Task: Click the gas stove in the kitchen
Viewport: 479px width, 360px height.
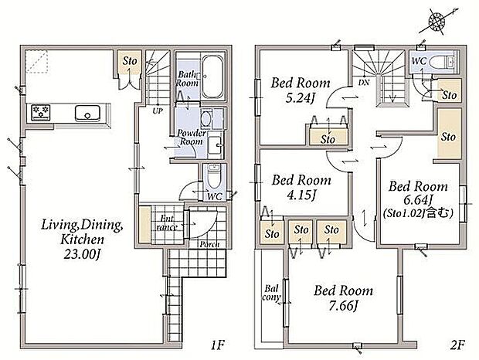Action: (41, 112)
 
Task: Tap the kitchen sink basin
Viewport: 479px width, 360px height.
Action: (87, 113)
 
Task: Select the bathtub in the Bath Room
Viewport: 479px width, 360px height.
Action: (212, 76)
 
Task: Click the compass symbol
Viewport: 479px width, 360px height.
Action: (437, 22)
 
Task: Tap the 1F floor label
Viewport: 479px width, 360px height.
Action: (218, 345)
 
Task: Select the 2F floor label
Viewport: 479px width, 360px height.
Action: (457, 345)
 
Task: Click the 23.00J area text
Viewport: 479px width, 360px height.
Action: (82, 254)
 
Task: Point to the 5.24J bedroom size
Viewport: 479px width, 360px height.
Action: (301, 98)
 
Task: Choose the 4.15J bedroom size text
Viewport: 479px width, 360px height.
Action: (301, 195)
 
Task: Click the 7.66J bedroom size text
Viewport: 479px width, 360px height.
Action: (343, 305)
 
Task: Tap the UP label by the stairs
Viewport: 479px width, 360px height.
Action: (158, 111)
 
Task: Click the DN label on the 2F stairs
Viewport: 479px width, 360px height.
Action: (364, 82)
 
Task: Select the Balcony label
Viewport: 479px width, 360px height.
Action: (271, 293)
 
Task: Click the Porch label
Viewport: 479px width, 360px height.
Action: (209, 244)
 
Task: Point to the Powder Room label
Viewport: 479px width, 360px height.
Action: (192, 137)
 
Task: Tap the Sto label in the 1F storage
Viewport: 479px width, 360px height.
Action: (130, 61)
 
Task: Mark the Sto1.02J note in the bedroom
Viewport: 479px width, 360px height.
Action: (418, 212)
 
